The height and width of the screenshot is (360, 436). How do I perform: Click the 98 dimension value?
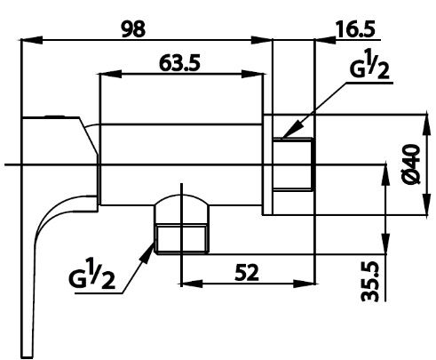133,28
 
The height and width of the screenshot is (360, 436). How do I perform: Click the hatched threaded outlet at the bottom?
181,237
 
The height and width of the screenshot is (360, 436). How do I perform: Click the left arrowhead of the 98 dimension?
28,38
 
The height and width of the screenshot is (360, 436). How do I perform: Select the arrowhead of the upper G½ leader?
278,137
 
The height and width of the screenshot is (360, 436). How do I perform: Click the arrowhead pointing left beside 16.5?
321,38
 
